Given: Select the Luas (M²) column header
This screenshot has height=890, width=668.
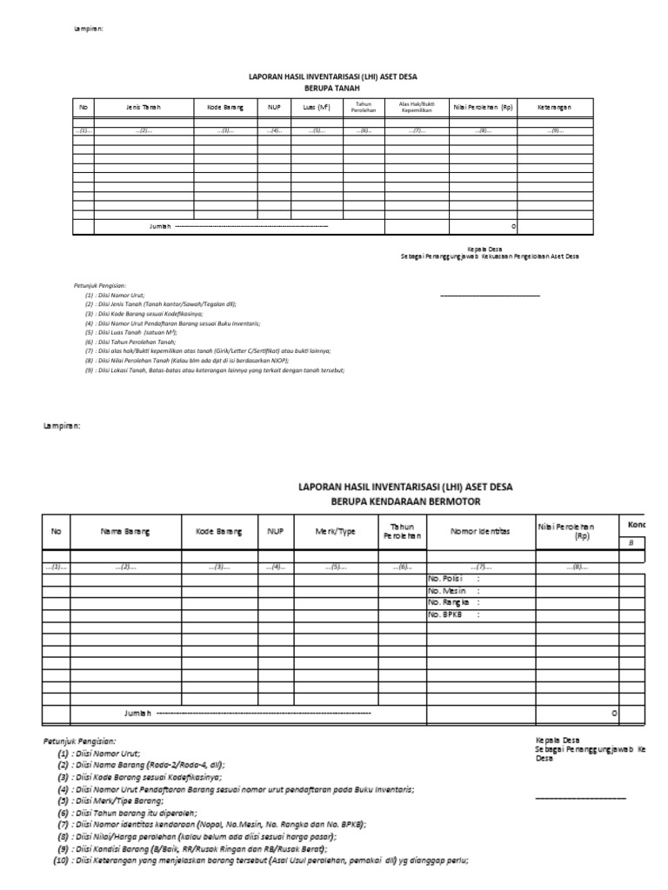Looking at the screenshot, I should [317, 108].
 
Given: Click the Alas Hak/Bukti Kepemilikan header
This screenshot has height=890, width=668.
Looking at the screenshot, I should [411, 108].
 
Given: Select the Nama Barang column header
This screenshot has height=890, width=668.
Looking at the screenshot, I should [125, 531].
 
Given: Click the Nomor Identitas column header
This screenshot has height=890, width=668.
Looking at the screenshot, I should [479, 531].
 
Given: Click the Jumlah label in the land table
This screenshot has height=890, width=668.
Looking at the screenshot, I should [161, 226].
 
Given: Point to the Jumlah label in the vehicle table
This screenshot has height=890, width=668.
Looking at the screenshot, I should [138, 713].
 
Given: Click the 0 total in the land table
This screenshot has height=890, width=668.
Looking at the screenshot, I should [513, 226].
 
